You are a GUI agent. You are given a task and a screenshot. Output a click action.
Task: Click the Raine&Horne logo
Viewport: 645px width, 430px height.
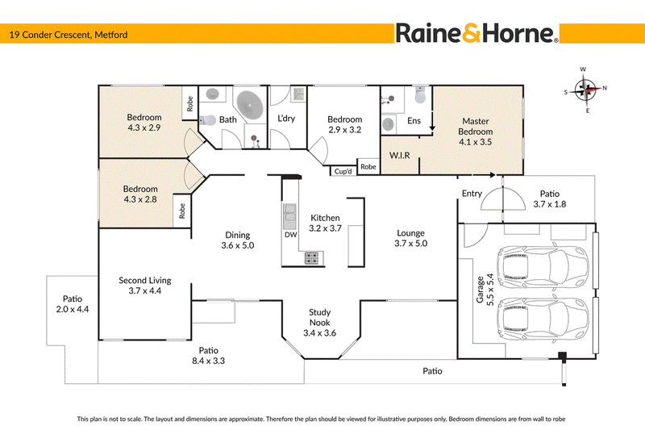pyautogui.click(x=476, y=33)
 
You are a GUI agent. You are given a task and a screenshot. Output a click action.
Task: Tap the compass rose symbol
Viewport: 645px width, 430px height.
pyautogui.click(x=585, y=90)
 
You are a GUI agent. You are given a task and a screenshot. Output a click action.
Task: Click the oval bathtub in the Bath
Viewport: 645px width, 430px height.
pyautogui.click(x=250, y=105)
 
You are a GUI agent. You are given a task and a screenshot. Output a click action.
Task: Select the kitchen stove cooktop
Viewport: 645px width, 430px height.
pyautogui.click(x=311, y=258)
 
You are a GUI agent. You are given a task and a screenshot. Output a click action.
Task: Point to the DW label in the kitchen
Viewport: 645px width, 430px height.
pyautogui.click(x=291, y=235)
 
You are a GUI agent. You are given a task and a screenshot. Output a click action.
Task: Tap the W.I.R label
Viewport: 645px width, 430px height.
pyautogui.click(x=399, y=155)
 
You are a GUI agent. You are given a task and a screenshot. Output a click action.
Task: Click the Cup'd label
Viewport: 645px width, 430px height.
pyautogui.click(x=343, y=171)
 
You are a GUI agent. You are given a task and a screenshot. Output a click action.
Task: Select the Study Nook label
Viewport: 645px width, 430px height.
pyautogui.click(x=319, y=317)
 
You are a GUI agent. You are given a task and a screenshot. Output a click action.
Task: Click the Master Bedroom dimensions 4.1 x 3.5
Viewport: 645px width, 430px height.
pyautogui.click(x=475, y=142)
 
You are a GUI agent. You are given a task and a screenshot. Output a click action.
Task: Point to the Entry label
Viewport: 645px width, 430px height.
pyautogui.click(x=472, y=194)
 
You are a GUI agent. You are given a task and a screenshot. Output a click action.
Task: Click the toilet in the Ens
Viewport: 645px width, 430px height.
pyautogui.click(x=420, y=95)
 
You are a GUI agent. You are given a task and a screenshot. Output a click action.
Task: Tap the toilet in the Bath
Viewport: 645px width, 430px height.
pyautogui.click(x=208, y=120)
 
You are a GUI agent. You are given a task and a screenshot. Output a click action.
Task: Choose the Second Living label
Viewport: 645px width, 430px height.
pyautogui.click(x=145, y=280)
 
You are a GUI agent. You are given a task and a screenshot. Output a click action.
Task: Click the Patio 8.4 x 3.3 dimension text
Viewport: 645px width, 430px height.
pyautogui.click(x=208, y=361)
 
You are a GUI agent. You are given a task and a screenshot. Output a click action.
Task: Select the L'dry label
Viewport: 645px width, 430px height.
pyautogui.click(x=286, y=119)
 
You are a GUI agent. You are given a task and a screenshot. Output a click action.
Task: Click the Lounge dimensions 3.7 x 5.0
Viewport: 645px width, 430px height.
pyautogui.click(x=410, y=243)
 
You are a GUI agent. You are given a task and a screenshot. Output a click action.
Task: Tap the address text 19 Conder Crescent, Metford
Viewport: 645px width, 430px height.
pyautogui.click(x=69, y=35)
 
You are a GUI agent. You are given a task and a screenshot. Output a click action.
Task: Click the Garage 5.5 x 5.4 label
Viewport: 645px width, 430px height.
pyautogui.click(x=485, y=290)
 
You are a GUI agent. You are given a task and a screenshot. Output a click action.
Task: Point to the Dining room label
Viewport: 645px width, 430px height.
pyautogui.click(x=237, y=235)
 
